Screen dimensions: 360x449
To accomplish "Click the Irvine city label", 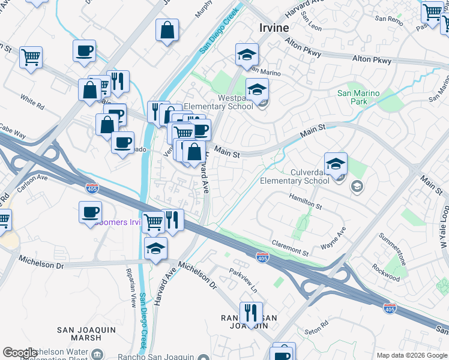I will click(x=274, y=28).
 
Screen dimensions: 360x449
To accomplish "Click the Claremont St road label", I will click(x=291, y=244).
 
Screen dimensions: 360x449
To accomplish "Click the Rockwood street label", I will click(x=385, y=273).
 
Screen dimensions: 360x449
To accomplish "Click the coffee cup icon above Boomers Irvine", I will click(x=90, y=212).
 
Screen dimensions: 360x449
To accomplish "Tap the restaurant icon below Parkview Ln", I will click(x=251, y=313).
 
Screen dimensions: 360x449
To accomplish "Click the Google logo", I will click(x=20, y=352).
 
